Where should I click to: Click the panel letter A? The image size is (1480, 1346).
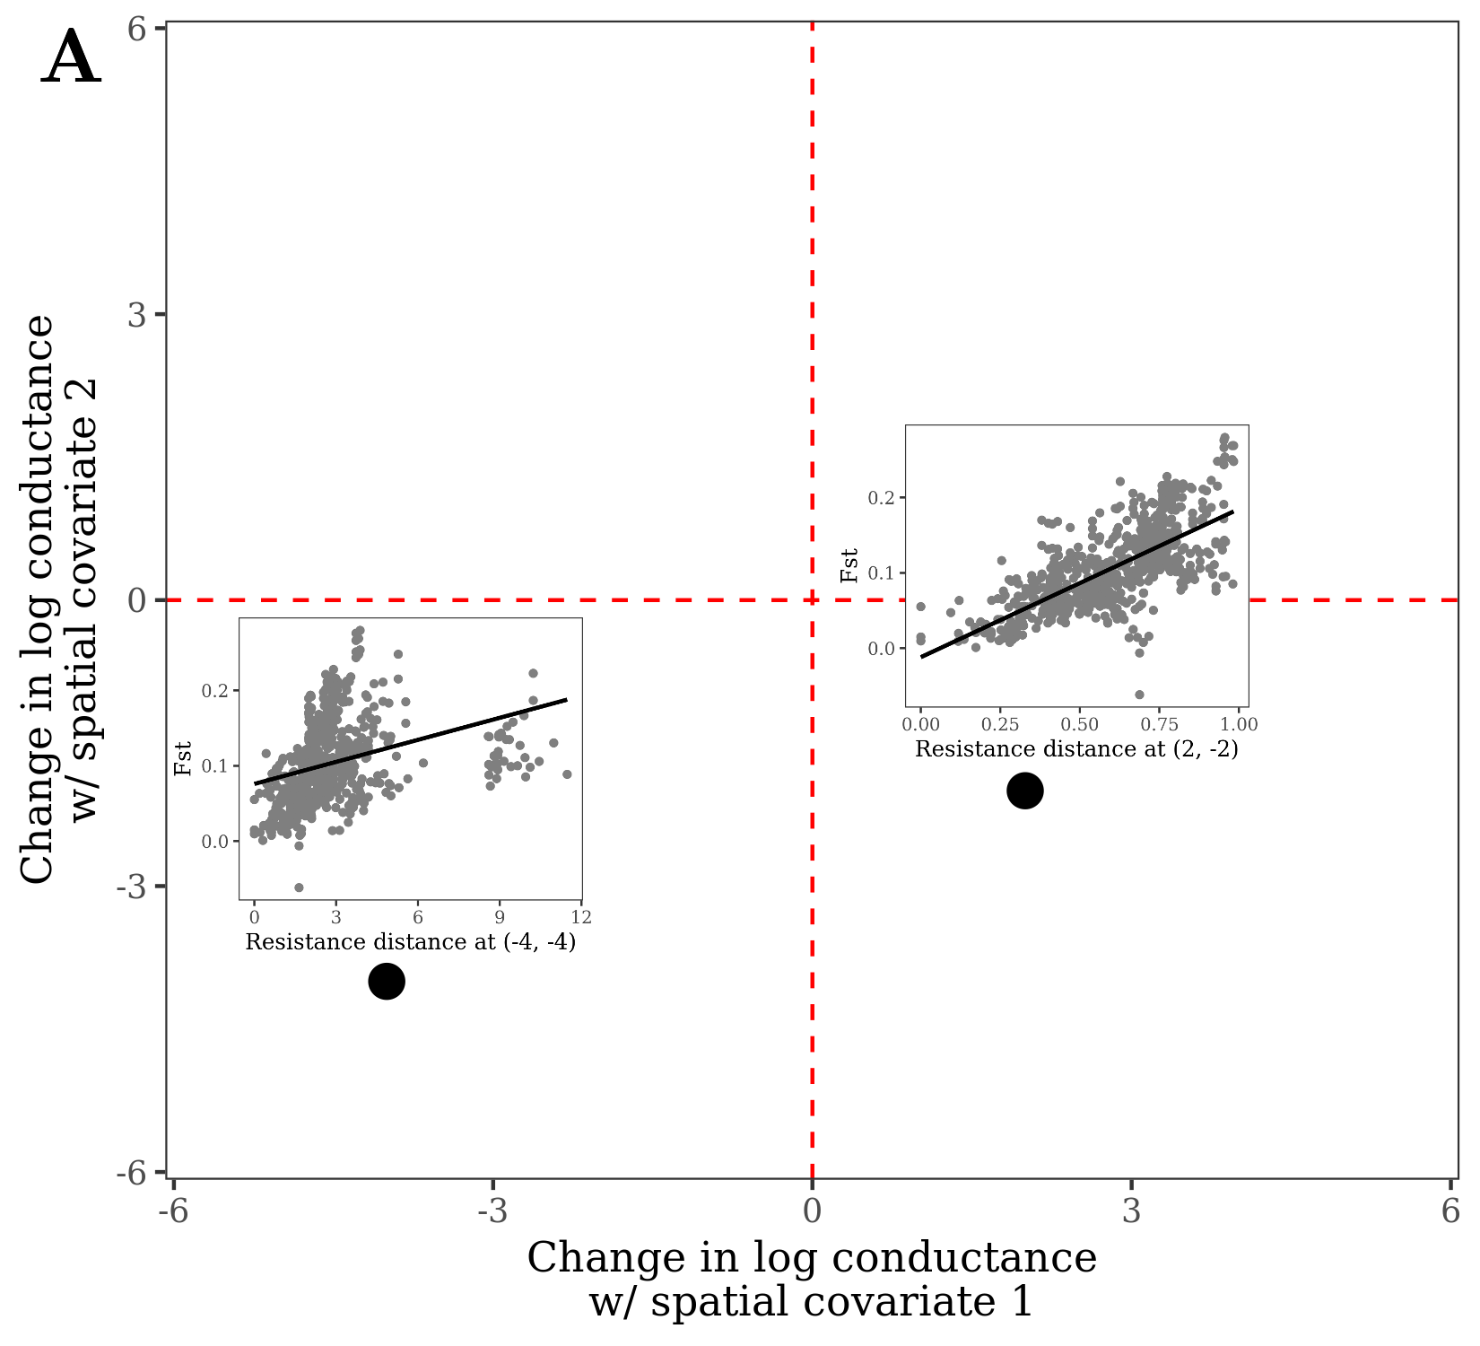pyautogui.click(x=71, y=58)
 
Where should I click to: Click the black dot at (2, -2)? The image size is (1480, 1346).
pyautogui.click(x=1025, y=791)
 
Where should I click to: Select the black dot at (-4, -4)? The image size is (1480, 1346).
pyautogui.click(x=387, y=981)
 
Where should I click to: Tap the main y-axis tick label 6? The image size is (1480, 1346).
pyautogui.click(x=136, y=29)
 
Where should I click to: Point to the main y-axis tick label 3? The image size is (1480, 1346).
pyautogui.click(x=136, y=315)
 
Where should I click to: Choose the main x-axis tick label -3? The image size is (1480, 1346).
pyautogui.click(x=492, y=1212)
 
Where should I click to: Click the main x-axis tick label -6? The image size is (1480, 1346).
pyautogui.click(x=173, y=1212)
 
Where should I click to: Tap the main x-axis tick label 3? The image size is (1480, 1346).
pyautogui.click(x=1132, y=1212)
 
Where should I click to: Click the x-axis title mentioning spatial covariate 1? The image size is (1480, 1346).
pyautogui.click(x=812, y=1280)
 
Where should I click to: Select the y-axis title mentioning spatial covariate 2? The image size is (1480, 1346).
pyautogui.click(x=57, y=599)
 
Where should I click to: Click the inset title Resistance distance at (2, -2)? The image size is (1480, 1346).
pyautogui.click(x=1076, y=748)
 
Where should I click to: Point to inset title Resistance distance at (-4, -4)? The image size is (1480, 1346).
pyautogui.click(x=410, y=942)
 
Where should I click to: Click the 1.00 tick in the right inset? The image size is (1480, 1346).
pyautogui.click(x=1241, y=724)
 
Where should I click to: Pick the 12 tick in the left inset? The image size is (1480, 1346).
pyautogui.click(x=581, y=917)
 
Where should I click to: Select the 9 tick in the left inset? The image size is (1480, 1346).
pyautogui.click(x=500, y=917)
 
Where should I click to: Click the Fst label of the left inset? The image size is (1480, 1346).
pyautogui.click(x=183, y=758)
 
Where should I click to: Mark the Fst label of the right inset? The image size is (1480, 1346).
pyautogui.click(x=849, y=565)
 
